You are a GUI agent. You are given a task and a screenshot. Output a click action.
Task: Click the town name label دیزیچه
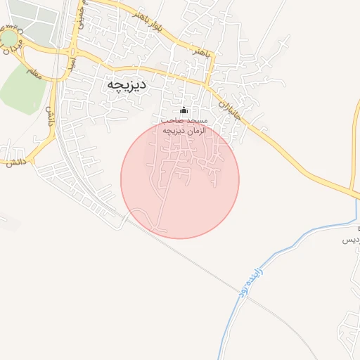(x=127, y=85)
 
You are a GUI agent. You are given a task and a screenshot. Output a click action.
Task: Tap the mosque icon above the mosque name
(x=184, y=110)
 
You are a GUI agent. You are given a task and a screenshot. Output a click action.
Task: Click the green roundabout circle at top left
(x=10, y=37)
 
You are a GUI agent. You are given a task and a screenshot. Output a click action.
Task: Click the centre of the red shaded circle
(x=180, y=179)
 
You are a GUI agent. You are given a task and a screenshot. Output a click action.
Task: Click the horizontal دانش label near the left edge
(x=15, y=162)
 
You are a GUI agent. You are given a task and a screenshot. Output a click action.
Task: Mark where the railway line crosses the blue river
(x=238, y=290)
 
